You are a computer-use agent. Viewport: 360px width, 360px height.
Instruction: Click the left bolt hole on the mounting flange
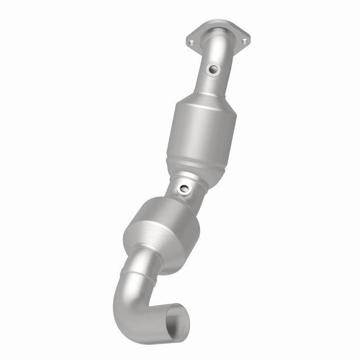coord(192,43)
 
